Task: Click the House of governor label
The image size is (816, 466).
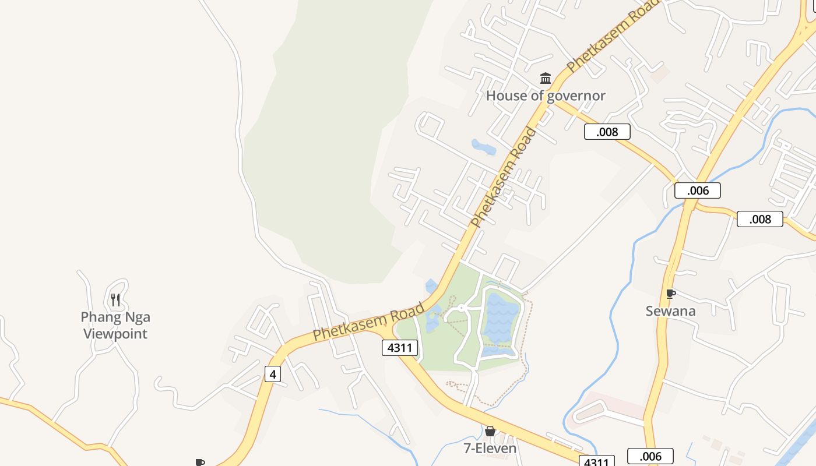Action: pyautogui.click(x=546, y=96)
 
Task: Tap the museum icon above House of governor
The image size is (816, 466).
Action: pyautogui.click(x=546, y=78)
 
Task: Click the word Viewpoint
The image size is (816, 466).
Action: pyautogui.click(x=115, y=334)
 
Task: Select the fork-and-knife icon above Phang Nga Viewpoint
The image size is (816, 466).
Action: pyautogui.click(x=115, y=300)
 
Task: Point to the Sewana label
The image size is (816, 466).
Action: pyautogui.click(x=670, y=311)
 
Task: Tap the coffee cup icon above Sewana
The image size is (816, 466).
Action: pyautogui.click(x=670, y=294)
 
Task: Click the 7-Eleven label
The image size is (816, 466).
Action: pyautogui.click(x=490, y=449)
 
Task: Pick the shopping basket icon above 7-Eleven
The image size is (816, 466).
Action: pyautogui.click(x=490, y=431)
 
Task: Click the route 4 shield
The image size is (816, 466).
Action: pyautogui.click(x=272, y=373)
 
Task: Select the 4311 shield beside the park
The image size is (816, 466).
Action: pyautogui.click(x=400, y=348)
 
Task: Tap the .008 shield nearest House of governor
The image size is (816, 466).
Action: pyautogui.click(x=607, y=132)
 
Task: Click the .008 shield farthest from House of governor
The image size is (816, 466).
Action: pyautogui.click(x=759, y=219)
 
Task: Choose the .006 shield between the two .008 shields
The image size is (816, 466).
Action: pyautogui.click(x=697, y=190)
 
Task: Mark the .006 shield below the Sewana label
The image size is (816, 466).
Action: pyautogui.click(x=650, y=456)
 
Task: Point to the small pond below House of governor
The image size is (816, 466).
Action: pyautogui.click(x=483, y=147)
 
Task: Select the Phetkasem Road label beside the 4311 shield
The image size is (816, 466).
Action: pyautogui.click(x=368, y=322)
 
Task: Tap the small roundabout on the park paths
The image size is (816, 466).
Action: pyautogui.click(x=461, y=307)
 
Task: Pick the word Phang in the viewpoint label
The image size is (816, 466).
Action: pyautogui.click(x=99, y=317)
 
